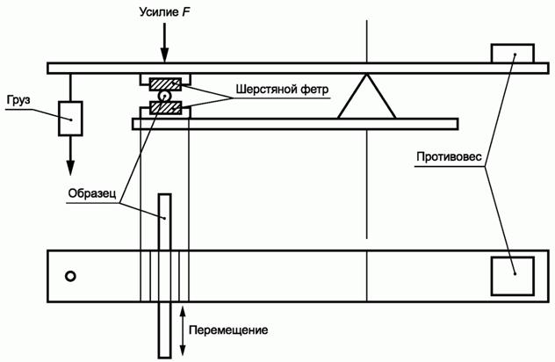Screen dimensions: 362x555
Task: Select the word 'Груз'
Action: pos(17,100)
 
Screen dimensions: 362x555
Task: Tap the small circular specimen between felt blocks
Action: pos(164,97)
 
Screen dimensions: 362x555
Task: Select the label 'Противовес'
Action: pos(447,159)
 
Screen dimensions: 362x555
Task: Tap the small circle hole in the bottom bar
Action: pos(70,277)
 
